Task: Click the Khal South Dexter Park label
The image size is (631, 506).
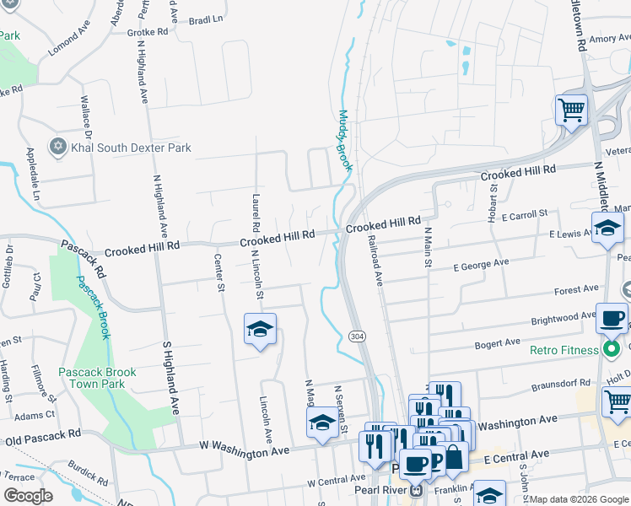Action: click(x=131, y=148)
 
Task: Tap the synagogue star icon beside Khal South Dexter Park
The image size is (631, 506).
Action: click(x=58, y=147)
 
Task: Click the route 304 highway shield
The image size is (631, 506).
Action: click(x=356, y=337)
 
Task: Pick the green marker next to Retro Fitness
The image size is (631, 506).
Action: click(x=614, y=349)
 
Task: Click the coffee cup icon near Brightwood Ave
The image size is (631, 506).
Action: click(x=612, y=319)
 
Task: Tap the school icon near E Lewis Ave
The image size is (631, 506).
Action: click(x=607, y=228)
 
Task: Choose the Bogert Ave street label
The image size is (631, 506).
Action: click(x=499, y=343)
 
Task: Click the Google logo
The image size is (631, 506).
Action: click(x=28, y=495)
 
